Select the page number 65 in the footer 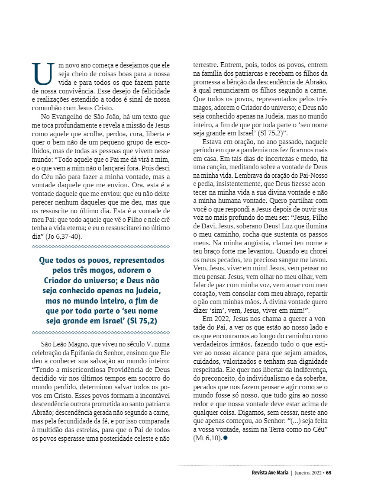[329, 472]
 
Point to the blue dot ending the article [226, 438]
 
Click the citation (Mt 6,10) [207, 438]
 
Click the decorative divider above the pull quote [101, 247]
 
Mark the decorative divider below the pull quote [101, 333]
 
